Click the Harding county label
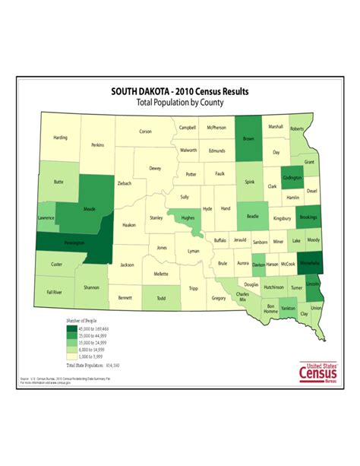(60, 138)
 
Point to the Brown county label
(248, 139)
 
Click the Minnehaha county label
(310, 263)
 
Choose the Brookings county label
(308, 217)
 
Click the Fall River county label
(53, 291)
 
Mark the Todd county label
(160, 299)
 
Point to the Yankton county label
(289, 309)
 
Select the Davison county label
(260, 265)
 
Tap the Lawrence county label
(46, 217)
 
